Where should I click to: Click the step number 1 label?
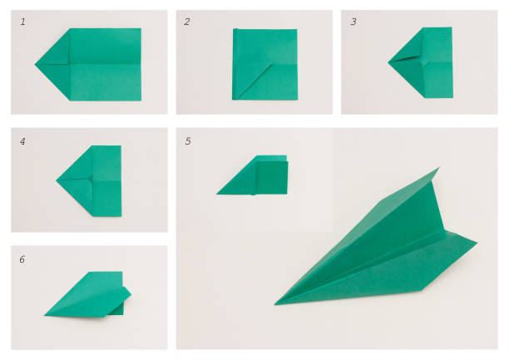click(x=23, y=22)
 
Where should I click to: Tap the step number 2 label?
click(x=187, y=22)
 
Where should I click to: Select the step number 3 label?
click(x=353, y=22)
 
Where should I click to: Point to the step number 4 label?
click(x=23, y=141)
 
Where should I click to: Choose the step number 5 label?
click(x=188, y=141)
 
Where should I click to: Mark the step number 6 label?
click(x=22, y=259)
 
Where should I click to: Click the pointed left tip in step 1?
click(x=37, y=64)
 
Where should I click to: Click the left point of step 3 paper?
click(x=389, y=62)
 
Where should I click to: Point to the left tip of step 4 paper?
click(x=58, y=180)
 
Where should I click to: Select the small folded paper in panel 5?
click(x=257, y=175)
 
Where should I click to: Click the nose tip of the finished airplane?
click(x=277, y=303)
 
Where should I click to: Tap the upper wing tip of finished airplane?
click(x=437, y=170)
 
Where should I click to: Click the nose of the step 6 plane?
click(x=46, y=314)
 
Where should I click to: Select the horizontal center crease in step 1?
click(x=104, y=64)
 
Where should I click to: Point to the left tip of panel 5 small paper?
click(x=218, y=193)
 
